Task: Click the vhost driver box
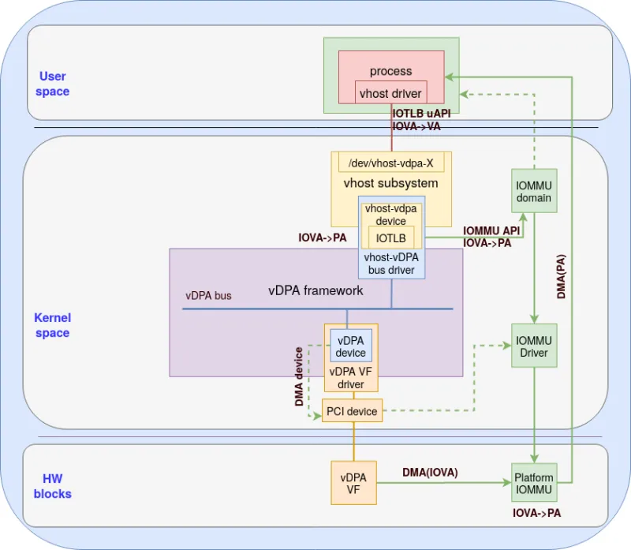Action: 390,93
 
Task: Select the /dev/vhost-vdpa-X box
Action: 390,163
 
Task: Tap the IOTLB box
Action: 390,238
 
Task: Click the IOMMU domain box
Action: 534,191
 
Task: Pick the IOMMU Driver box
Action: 534,346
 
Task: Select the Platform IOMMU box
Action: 534,483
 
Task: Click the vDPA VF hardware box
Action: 353,483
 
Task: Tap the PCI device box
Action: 352,411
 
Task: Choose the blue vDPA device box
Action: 351,346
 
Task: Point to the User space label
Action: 53,84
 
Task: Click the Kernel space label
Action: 52,325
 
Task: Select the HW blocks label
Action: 57,486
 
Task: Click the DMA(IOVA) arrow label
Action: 430,472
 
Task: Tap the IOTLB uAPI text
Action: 421,114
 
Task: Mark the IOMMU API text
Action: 491,230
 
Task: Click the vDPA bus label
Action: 208,296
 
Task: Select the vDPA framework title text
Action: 315,290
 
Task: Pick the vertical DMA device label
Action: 300,376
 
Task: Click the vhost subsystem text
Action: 390,183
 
